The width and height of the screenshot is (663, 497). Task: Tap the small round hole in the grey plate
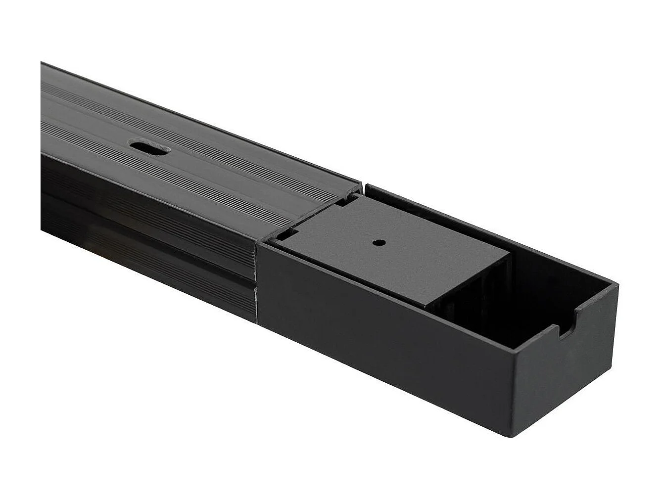coord(379,243)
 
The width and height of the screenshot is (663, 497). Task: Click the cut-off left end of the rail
coord(42,148)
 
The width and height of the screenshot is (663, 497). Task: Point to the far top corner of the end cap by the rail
coord(366,186)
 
